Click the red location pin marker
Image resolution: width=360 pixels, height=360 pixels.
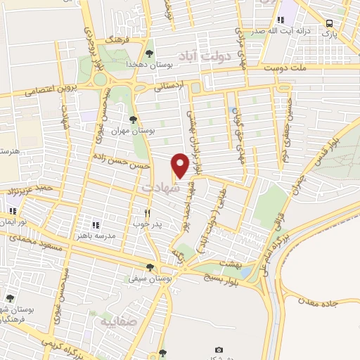point(180,165)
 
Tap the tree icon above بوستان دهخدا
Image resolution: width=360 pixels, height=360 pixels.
point(149,53)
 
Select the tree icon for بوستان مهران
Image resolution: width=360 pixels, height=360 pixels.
point(134,120)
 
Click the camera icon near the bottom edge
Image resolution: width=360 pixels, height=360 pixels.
point(219,349)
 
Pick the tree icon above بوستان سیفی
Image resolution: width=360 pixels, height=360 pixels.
point(149,266)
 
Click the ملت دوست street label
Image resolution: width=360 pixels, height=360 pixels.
point(285,68)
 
